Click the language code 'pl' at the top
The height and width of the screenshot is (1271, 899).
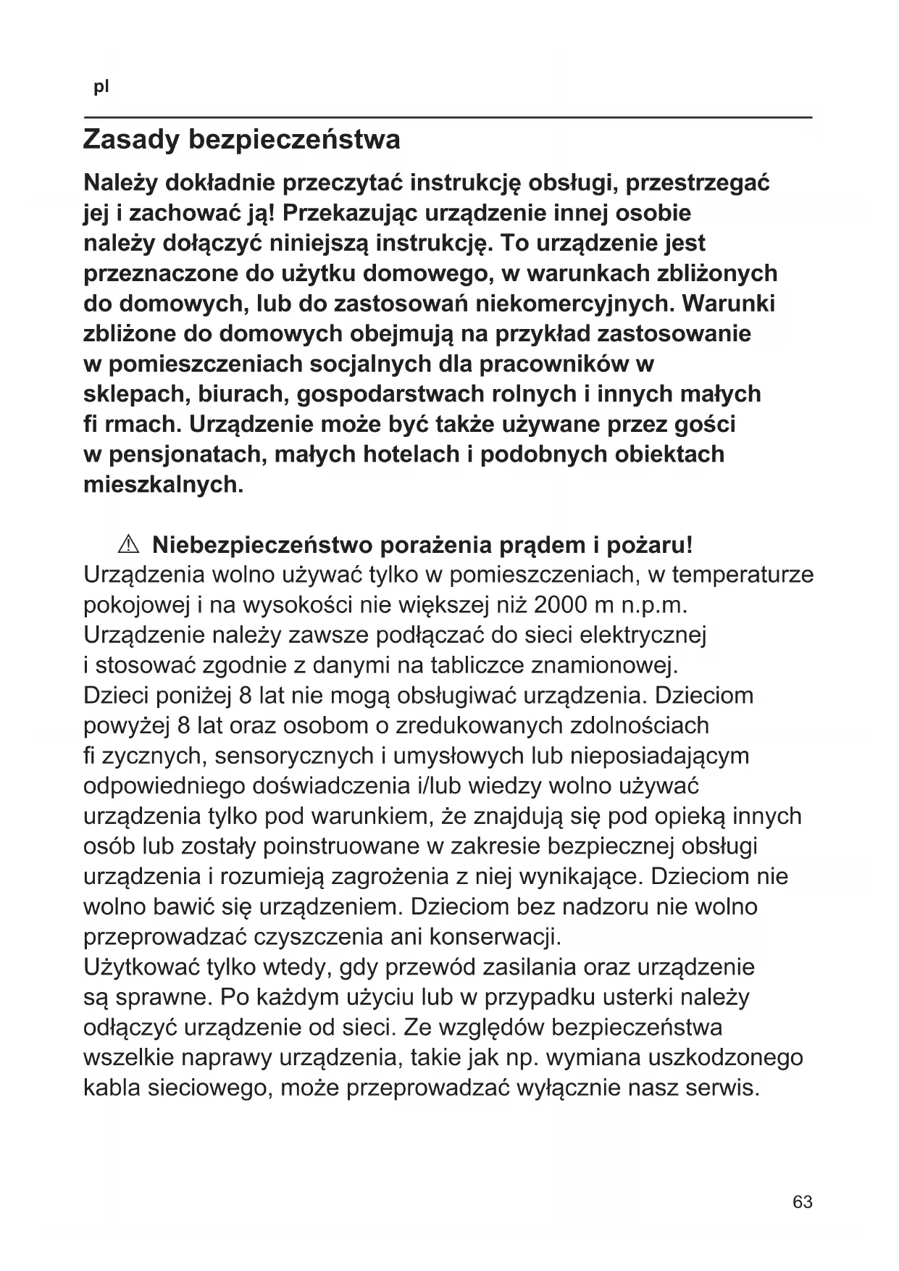pos(101,88)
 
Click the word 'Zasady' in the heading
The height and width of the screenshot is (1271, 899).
pos(131,139)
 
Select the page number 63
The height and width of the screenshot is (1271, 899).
pos(803,1201)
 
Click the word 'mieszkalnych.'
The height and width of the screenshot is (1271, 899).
pos(164,484)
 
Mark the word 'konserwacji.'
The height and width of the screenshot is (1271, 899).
pos(496,937)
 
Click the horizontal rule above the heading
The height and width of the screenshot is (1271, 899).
pos(448,117)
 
